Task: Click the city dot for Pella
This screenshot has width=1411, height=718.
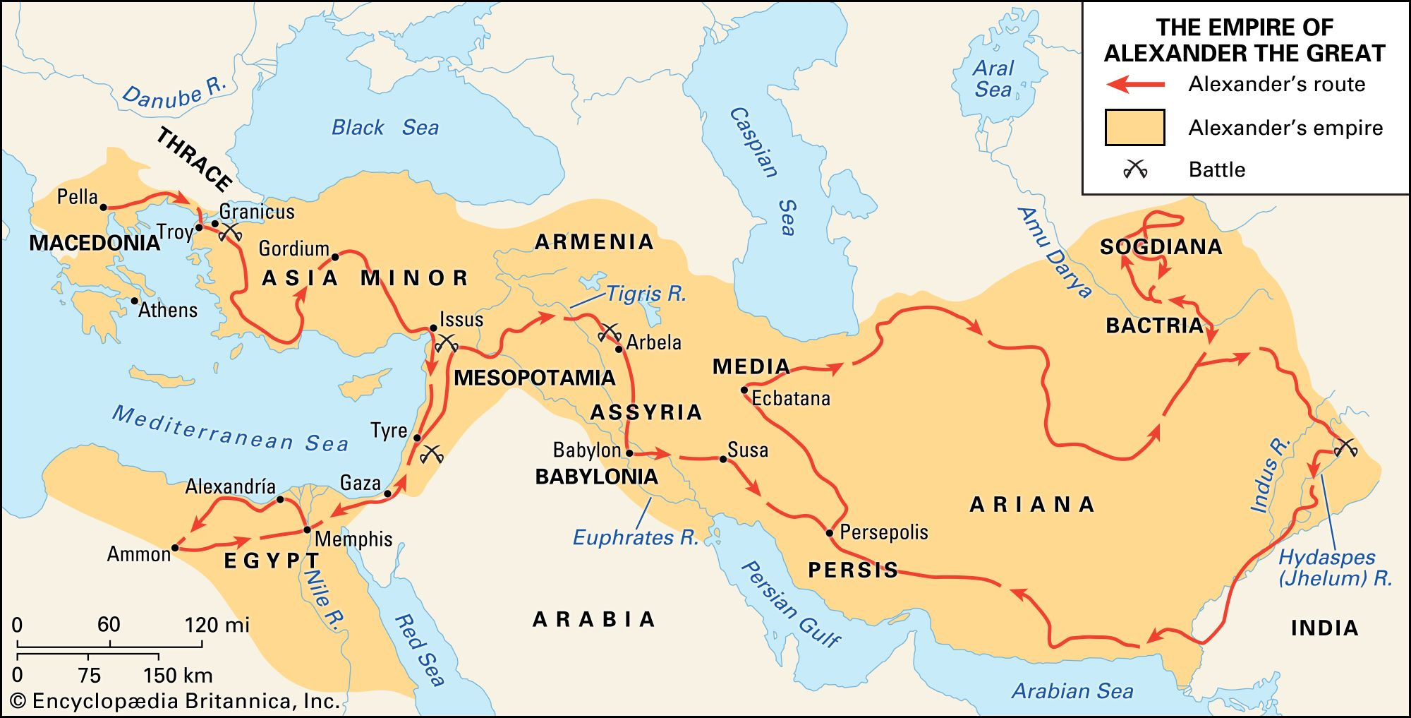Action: tap(103, 208)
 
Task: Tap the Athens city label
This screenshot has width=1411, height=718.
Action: tap(168, 310)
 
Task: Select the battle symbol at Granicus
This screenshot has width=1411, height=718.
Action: tap(230, 232)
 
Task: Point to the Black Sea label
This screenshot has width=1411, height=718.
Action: tap(385, 128)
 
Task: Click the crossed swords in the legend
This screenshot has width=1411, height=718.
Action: tap(1135, 169)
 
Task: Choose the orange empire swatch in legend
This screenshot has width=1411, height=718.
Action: tap(1134, 128)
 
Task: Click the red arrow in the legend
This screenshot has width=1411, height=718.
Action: tap(1136, 85)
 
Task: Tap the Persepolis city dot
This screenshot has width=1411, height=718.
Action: tap(830, 533)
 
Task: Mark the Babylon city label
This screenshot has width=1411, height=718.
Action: tap(586, 450)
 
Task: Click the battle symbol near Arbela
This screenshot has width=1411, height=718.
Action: tap(610, 332)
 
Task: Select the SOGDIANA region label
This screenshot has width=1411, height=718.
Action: tap(1161, 247)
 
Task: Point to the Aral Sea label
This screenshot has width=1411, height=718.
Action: tap(993, 79)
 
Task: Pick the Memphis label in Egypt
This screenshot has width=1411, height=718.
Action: tap(353, 539)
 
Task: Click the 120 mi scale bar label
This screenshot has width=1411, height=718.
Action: tap(217, 625)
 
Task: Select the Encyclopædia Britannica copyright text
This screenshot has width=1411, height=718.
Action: tap(176, 701)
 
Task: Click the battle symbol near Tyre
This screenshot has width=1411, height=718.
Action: tap(431, 454)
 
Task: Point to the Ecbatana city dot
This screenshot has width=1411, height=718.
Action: tap(744, 390)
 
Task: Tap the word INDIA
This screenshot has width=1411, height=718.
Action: tap(1324, 628)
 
